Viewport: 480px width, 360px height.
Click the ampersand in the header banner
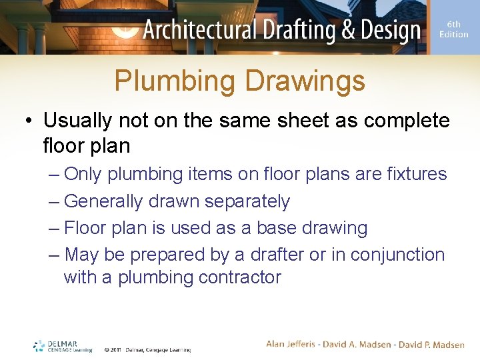point(352,31)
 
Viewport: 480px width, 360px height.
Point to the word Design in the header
point(393,31)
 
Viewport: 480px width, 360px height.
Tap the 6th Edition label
point(453,29)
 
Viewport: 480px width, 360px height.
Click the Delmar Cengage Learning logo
point(63,346)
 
